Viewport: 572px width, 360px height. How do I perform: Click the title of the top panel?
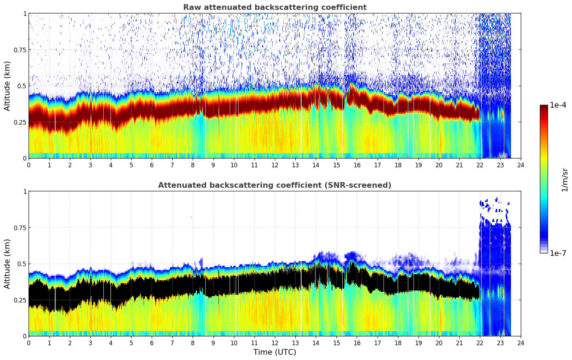[275, 7]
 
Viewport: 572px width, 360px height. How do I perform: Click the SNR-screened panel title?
[275, 185]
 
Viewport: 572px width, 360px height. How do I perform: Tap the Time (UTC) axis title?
[275, 352]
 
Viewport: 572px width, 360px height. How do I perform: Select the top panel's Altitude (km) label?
[7, 86]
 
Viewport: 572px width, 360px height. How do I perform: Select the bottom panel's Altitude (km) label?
[7, 264]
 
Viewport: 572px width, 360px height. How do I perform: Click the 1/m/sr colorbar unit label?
[565, 179]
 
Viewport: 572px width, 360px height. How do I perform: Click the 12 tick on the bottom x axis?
[275, 343]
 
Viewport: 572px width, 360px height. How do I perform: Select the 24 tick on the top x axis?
[521, 165]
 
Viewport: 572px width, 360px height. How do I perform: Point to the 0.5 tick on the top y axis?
[22, 86]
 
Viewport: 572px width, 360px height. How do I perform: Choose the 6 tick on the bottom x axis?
[152, 343]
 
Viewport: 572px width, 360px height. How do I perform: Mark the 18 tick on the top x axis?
[398, 165]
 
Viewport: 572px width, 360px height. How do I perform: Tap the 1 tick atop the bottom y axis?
[25, 192]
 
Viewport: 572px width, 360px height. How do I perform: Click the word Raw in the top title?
[191, 7]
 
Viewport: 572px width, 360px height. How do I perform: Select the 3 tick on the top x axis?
[90, 165]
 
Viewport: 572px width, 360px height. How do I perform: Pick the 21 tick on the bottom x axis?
[459, 343]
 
